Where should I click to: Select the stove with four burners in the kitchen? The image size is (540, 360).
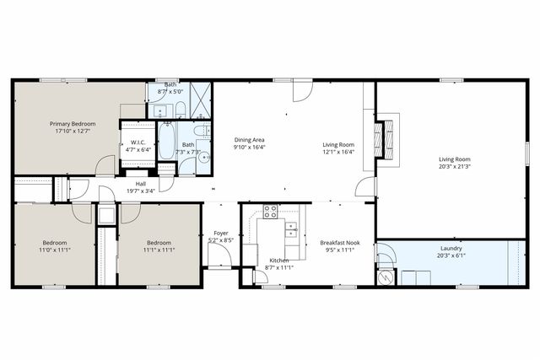(271, 212)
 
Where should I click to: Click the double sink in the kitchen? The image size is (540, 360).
(290, 228)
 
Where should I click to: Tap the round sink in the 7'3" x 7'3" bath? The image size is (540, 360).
(205, 158)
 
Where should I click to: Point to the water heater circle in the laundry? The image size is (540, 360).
(384, 276)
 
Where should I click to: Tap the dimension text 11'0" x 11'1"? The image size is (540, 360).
(54, 250)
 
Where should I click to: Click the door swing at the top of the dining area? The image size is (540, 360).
(300, 92)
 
